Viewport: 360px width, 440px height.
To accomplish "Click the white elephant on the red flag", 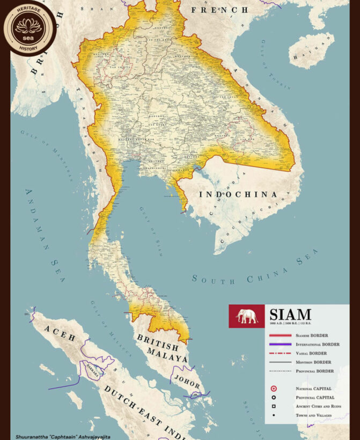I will [x=247, y=316].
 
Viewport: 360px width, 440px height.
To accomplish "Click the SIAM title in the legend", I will [x=290, y=314].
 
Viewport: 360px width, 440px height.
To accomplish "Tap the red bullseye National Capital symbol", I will [x=274, y=388].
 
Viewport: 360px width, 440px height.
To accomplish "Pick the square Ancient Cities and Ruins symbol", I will [x=274, y=406].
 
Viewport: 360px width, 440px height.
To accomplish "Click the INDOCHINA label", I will [x=238, y=194].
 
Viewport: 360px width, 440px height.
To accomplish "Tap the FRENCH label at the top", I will [x=220, y=10].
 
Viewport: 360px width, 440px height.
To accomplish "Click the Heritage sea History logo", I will [x=30, y=28].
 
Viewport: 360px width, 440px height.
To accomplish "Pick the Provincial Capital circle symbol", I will [x=274, y=397].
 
